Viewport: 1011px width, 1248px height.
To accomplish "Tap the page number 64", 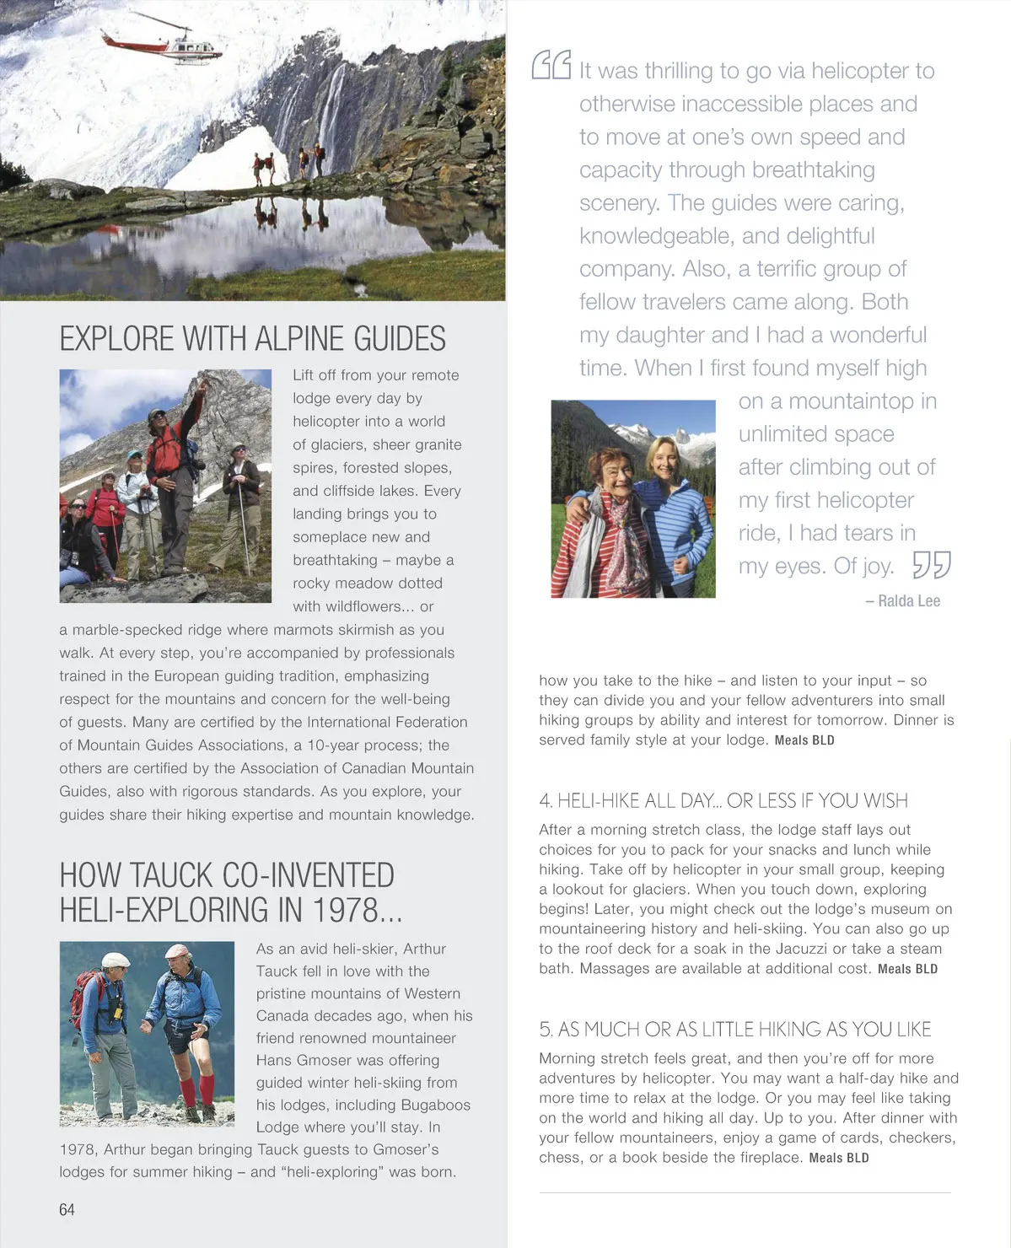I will [x=67, y=1209].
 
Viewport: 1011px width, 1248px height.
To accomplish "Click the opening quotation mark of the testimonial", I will [x=551, y=65].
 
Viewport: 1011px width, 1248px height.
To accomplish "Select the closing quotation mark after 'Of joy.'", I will [x=931, y=565].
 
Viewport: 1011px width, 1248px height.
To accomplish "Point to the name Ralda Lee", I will [x=908, y=601].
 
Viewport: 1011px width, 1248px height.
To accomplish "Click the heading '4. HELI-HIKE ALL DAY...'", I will [x=723, y=800].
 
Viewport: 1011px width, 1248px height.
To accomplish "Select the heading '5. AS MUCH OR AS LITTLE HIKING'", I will [x=734, y=1029].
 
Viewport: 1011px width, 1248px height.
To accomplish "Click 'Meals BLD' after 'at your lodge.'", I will [x=804, y=740].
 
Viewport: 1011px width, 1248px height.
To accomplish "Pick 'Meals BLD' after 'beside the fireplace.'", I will [x=838, y=1158].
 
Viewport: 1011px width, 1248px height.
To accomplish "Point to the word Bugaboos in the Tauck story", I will [x=435, y=1105].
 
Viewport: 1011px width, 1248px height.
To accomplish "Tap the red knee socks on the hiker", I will [x=197, y=1089].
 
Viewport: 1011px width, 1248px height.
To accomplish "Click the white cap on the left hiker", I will [x=116, y=960].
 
